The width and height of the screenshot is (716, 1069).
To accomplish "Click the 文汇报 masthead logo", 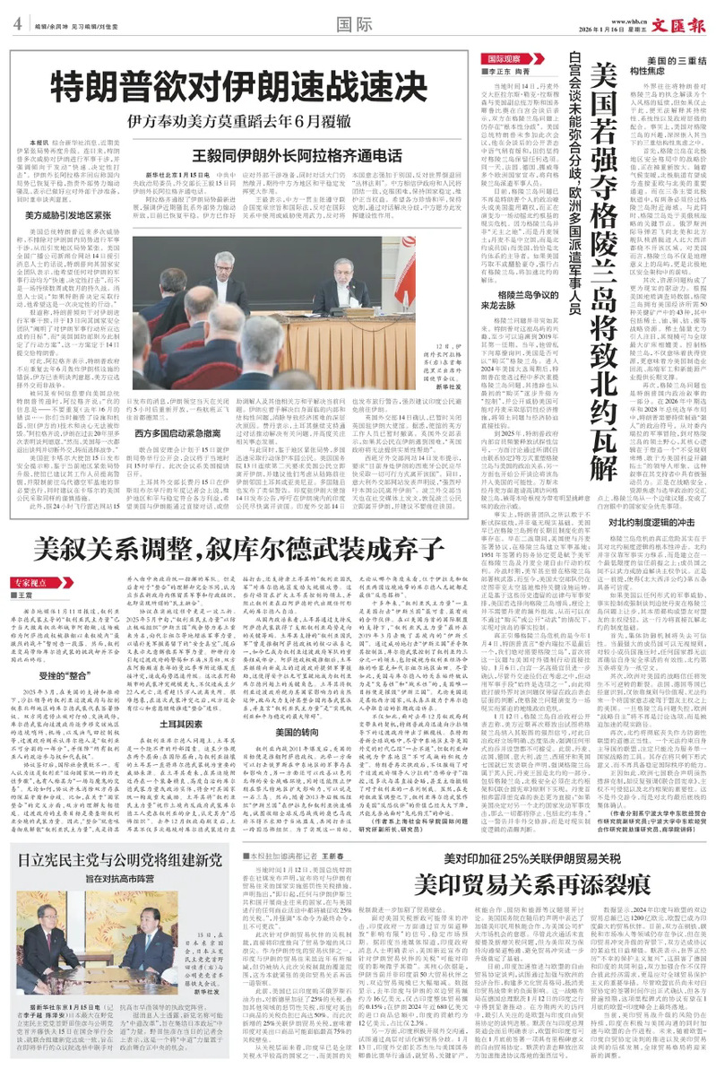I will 683,22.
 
